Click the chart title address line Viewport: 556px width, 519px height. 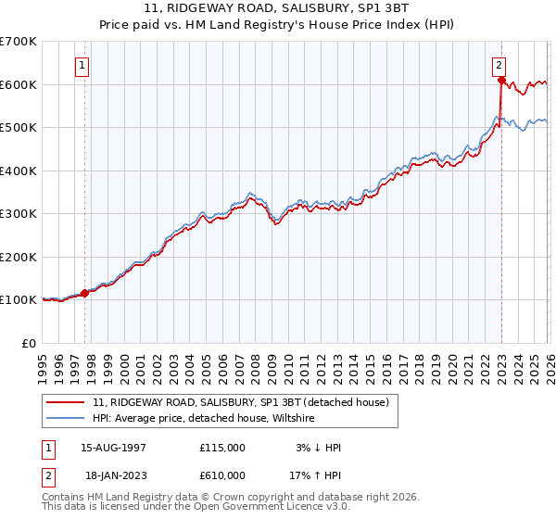[278, 8]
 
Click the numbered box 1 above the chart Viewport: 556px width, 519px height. [83, 66]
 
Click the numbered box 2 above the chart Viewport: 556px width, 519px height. [499, 65]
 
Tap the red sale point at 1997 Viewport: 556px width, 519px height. [85, 293]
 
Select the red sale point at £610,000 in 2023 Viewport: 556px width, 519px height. [501, 81]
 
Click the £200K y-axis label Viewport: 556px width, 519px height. [19, 257]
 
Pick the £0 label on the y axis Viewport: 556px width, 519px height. [28, 343]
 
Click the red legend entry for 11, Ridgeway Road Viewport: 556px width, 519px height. [246, 402]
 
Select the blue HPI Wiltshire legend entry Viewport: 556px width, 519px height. [204, 419]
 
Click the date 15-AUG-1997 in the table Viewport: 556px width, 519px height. [113, 448]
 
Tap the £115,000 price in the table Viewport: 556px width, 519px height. [222, 448]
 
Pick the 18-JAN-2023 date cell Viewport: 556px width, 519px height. [113, 475]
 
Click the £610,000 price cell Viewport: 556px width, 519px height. [222, 475]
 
